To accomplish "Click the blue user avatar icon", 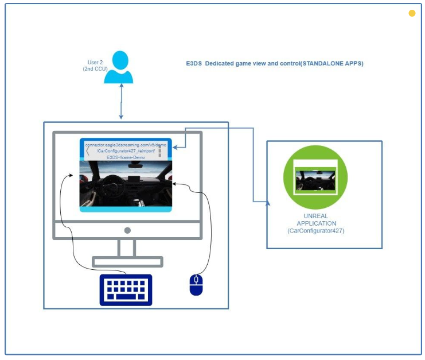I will coord(119,67).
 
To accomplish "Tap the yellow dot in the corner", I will coord(412,14).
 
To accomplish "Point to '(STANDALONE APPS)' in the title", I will coord(337,63).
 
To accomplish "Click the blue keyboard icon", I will coord(126,289).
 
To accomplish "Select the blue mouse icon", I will coord(196,284).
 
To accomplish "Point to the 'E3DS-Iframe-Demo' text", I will coord(125,157).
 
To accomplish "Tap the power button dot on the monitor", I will coord(127,230).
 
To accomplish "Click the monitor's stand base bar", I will coord(127,262).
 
